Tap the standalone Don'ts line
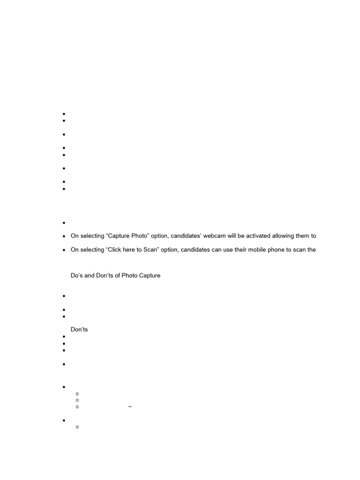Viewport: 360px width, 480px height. [x=79, y=330]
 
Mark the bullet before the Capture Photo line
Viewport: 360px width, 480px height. [x=63, y=237]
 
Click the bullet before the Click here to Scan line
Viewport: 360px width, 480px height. [x=63, y=250]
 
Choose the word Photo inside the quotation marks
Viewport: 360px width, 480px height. [x=138, y=236]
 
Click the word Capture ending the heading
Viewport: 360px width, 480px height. [x=150, y=276]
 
